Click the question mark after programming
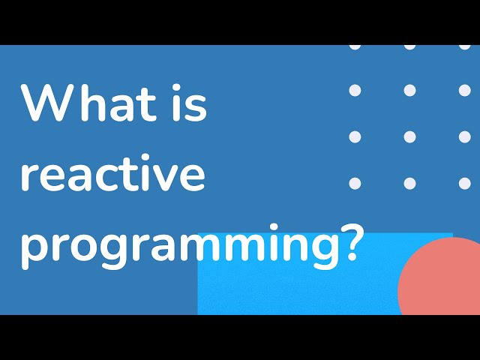pos(347,244)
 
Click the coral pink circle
pos(442,281)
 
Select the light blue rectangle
pos(300,292)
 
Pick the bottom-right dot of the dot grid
pos(465,183)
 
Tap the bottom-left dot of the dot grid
pos(355,183)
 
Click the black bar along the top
pos(240,22)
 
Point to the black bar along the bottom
pos(240,337)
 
